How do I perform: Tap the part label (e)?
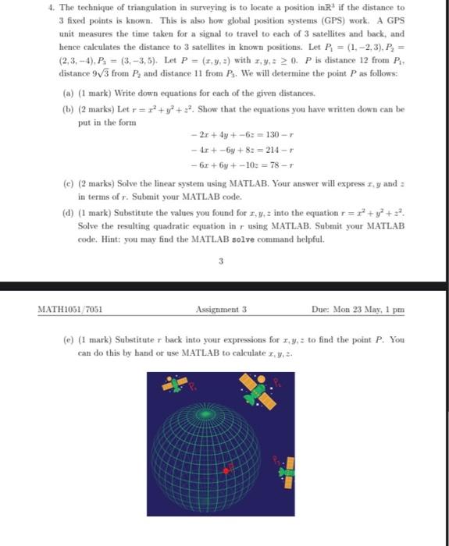pos(70,340)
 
